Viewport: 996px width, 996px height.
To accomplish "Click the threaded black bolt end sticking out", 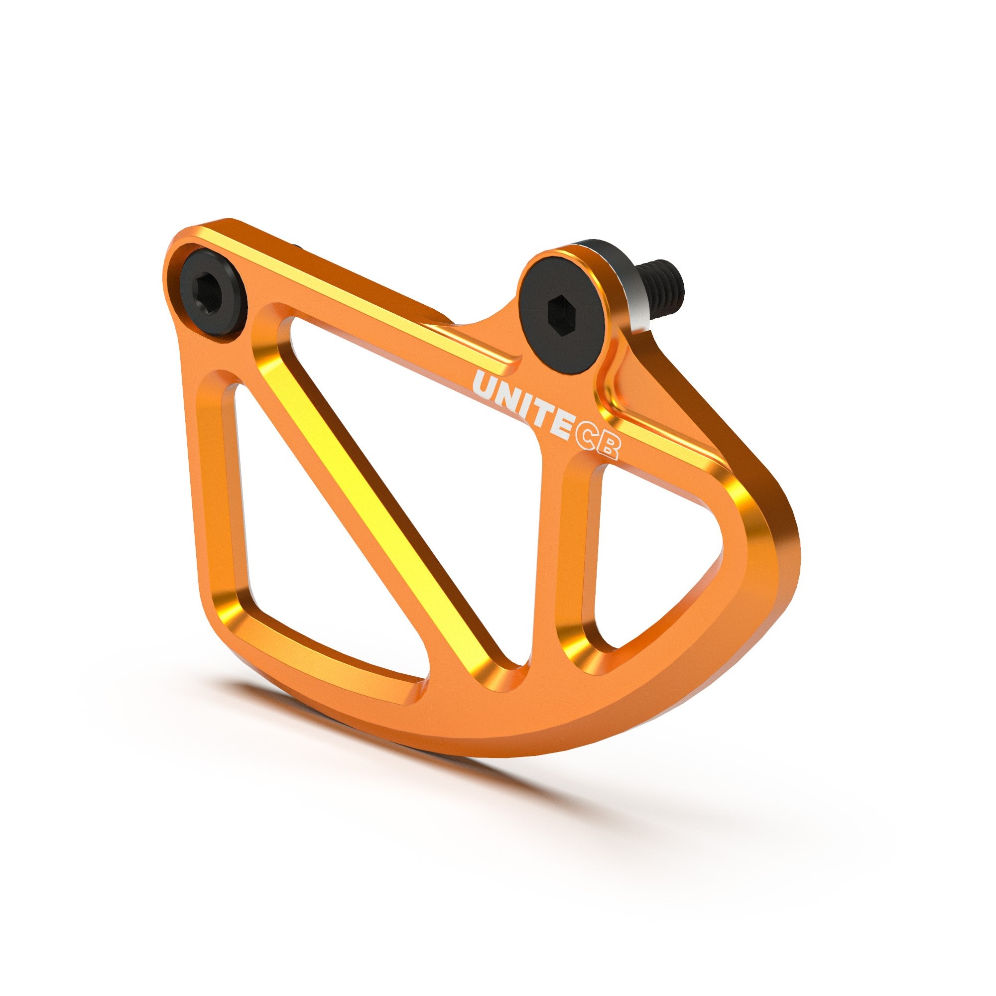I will (664, 283).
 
